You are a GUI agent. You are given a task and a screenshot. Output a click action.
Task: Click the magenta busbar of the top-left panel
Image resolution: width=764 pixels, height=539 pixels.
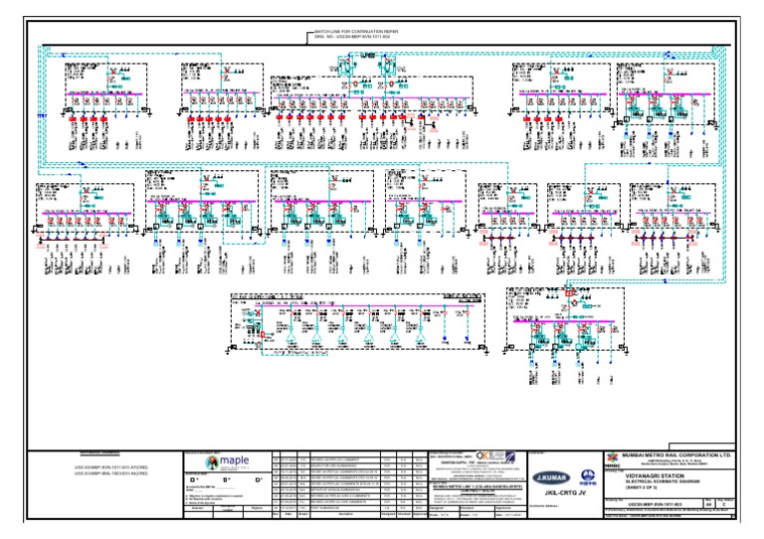105,94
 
